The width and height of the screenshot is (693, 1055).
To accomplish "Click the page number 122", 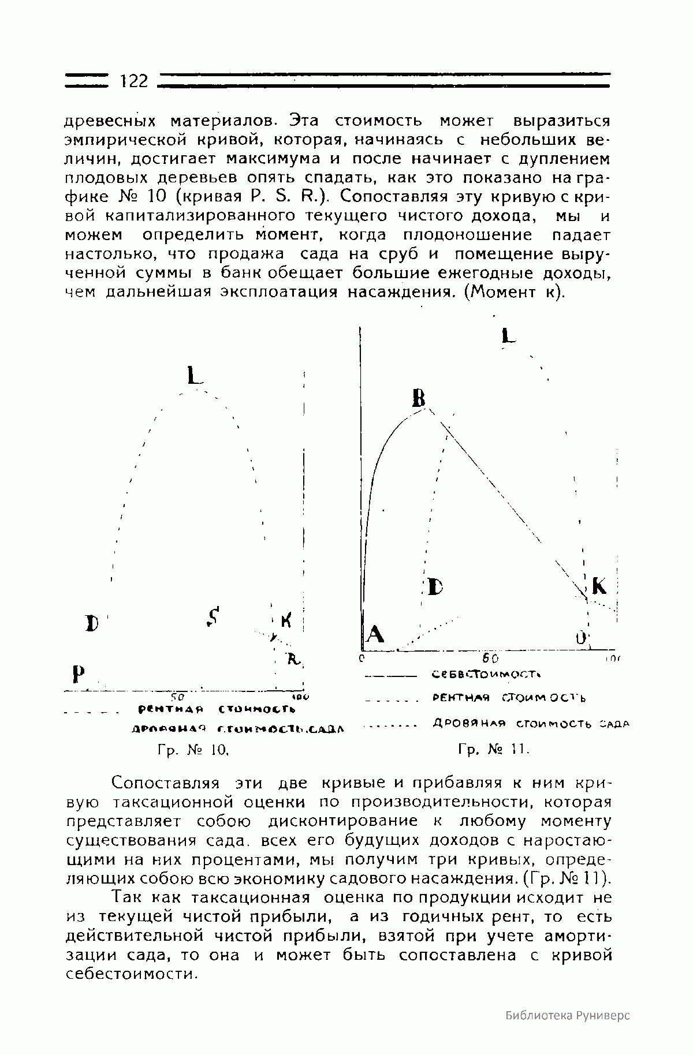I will pos(135,81).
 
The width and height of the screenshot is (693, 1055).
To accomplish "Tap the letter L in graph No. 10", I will pos(195,376).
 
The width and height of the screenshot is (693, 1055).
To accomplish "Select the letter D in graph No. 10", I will pos(91,623).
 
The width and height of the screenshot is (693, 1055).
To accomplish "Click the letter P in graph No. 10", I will pos(77,674).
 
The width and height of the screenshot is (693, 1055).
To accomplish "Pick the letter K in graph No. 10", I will pos(286,621).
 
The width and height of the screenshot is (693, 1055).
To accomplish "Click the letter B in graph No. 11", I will pos(419,398).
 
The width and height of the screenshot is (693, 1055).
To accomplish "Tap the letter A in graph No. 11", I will pos(375,635).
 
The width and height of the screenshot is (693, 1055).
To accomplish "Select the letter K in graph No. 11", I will pos(599,586).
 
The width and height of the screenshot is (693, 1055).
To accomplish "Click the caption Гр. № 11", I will pos(494,750).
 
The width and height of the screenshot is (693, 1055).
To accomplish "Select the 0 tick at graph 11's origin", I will pos(362,657).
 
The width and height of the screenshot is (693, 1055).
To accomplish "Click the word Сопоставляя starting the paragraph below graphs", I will pos(166,783).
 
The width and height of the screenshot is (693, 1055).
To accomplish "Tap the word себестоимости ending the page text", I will pos(132,974).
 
